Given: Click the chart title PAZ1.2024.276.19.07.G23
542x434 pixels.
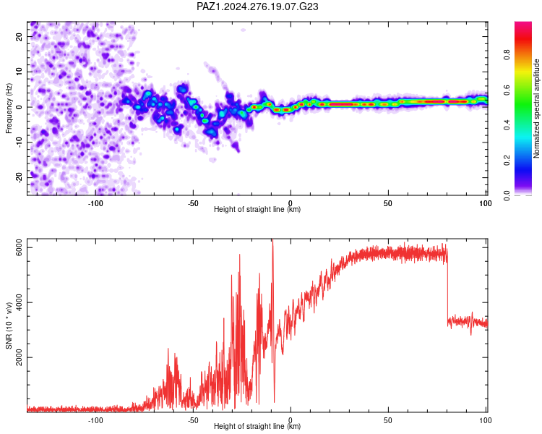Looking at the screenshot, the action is (x=257, y=7).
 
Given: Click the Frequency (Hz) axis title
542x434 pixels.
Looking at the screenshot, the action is (x=9, y=109).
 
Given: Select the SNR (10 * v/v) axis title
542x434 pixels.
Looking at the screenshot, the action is (x=9, y=325).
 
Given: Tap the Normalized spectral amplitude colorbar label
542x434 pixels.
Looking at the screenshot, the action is (x=536, y=109).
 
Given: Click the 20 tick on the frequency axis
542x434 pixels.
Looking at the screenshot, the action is (x=19, y=36).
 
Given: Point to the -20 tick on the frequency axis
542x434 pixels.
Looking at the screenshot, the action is (x=19, y=177).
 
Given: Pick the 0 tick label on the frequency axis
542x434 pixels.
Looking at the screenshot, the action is (x=19, y=107).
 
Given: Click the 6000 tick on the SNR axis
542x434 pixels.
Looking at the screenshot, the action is (x=19, y=248).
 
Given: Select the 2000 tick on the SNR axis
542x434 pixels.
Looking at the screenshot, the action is (x=19, y=357).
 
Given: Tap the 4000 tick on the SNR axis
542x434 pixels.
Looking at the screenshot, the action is (x=19, y=302).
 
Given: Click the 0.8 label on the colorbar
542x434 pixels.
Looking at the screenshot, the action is (x=507, y=55).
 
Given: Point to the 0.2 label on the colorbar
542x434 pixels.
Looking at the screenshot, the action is (x=507, y=161).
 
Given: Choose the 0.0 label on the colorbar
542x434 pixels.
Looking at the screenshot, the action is (x=507, y=195).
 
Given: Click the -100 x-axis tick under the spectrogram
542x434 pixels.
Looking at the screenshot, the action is (x=95, y=203).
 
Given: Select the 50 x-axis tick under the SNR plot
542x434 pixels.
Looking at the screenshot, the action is (x=388, y=420).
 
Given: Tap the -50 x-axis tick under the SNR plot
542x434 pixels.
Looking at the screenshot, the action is (x=193, y=420).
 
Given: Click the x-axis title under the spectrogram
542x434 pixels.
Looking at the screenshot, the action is (x=257, y=209).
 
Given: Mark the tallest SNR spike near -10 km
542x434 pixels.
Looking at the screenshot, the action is (x=272, y=240).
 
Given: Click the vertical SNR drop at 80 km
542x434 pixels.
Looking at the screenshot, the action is (x=447, y=287).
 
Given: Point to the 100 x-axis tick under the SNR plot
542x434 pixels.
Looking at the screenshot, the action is (x=486, y=420).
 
